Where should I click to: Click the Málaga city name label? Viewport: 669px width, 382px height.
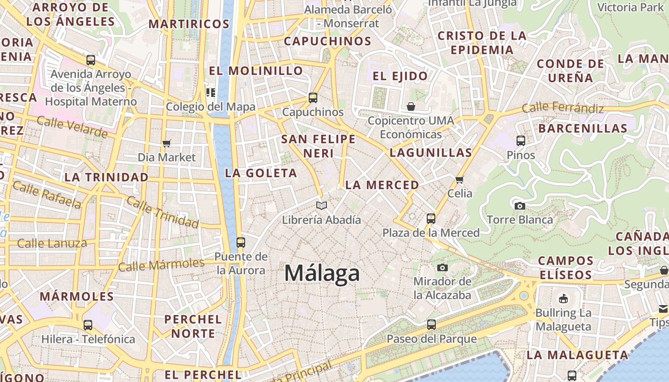pyautogui.click(x=322, y=274)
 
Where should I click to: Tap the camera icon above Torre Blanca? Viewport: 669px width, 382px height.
pyautogui.click(x=520, y=206)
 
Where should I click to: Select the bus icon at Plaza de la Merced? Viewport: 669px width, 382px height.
pyautogui.click(x=431, y=219)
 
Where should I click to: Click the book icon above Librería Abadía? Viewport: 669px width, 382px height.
pyautogui.click(x=322, y=206)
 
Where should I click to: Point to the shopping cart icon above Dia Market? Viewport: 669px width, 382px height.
pyautogui.click(x=167, y=143)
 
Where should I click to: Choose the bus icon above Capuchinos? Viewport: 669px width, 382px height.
pyautogui.click(x=313, y=98)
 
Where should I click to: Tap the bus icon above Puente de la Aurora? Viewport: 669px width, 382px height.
pyautogui.click(x=241, y=242)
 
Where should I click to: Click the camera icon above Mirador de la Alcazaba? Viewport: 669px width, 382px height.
pyautogui.click(x=442, y=267)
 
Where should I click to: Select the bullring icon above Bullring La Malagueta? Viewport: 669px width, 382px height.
pyautogui.click(x=563, y=299)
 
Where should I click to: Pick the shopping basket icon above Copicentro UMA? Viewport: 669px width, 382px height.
pyautogui.click(x=411, y=106)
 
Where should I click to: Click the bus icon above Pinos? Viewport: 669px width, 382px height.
pyautogui.click(x=521, y=141)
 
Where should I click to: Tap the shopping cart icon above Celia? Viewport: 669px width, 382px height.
pyautogui.click(x=460, y=180)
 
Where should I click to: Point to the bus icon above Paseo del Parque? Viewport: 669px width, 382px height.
pyautogui.click(x=432, y=325)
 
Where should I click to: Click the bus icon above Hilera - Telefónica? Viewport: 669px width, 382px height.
pyautogui.click(x=88, y=325)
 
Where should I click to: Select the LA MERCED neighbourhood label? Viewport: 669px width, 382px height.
pyautogui.click(x=382, y=185)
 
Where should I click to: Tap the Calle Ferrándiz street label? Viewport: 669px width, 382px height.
pyautogui.click(x=562, y=108)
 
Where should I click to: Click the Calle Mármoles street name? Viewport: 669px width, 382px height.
pyautogui.click(x=161, y=265)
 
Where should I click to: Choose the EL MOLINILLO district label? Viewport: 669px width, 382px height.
pyautogui.click(x=256, y=71)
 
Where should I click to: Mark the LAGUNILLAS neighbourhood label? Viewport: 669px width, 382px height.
pyautogui.click(x=431, y=153)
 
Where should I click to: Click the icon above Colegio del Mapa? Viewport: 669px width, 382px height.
pyautogui.click(x=211, y=92)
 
